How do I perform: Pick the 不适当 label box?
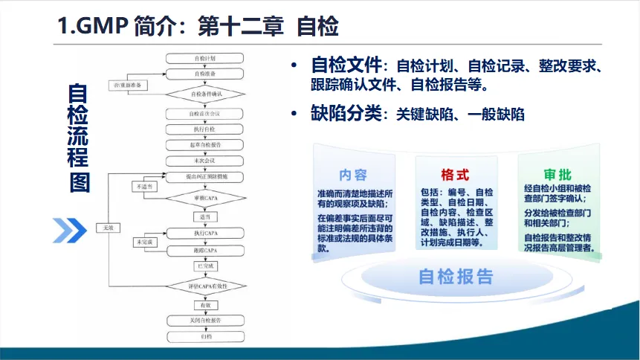pos(144,187)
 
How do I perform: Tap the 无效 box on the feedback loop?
pos(109,228)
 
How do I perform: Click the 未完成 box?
pos(144,242)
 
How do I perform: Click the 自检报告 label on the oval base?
pos(456,277)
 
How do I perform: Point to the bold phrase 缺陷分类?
pos(345,114)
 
